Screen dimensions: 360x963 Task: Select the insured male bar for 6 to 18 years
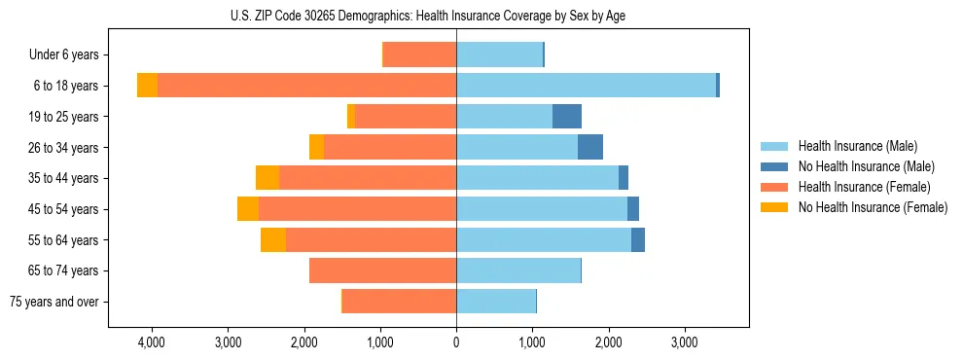click(586, 86)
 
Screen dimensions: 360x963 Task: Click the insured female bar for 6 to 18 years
click(306, 86)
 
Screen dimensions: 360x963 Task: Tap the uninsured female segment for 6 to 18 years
click(147, 86)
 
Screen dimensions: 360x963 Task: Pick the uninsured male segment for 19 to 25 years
click(567, 117)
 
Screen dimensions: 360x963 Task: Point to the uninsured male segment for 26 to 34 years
click(590, 147)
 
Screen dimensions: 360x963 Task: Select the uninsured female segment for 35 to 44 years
click(267, 178)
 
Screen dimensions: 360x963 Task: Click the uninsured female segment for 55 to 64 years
click(273, 239)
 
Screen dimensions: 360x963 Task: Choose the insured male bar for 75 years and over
click(496, 302)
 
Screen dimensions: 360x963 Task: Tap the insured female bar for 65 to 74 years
click(382, 270)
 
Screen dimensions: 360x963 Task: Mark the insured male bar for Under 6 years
click(499, 54)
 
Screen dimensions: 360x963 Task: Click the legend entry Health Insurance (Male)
click(857, 146)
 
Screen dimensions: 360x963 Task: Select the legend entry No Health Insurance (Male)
click(866, 166)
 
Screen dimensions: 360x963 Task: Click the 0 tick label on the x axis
click(456, 342)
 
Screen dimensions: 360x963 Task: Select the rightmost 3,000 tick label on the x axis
click(684, 342)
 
